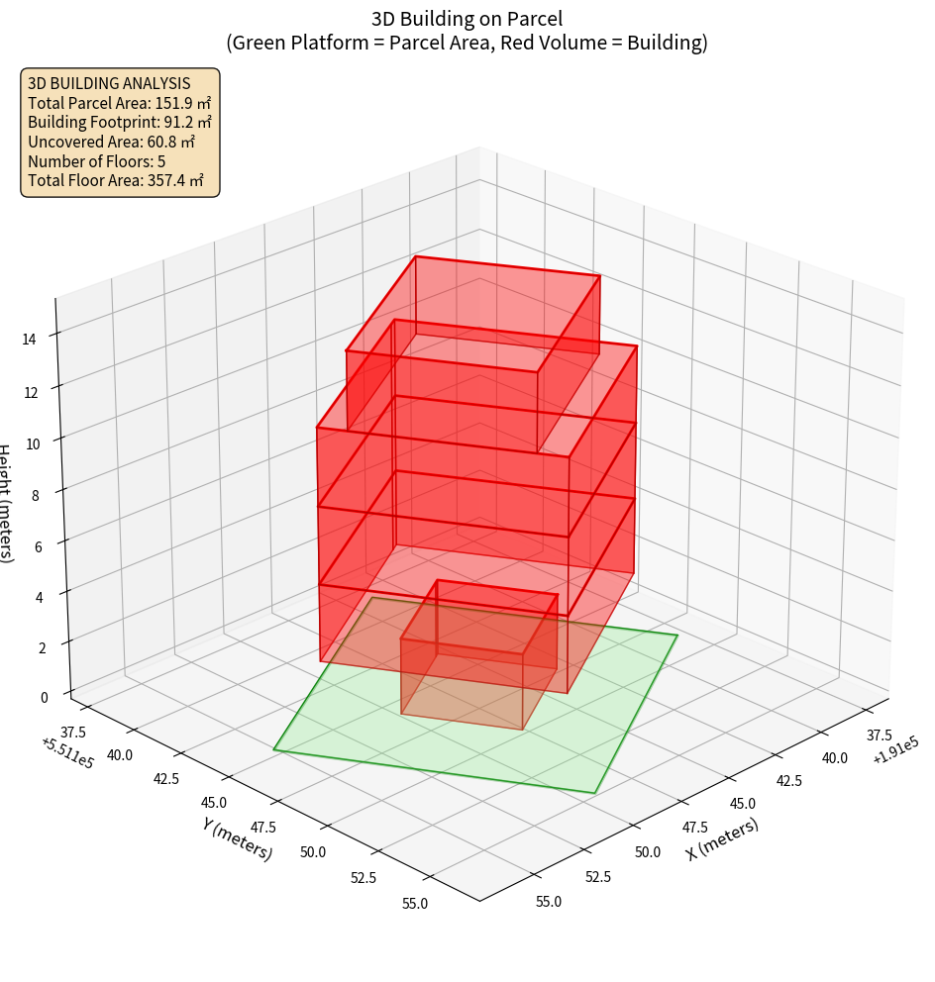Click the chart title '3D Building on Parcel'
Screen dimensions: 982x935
tap(467, 18)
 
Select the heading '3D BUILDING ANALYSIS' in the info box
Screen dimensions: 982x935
tap(109, 83)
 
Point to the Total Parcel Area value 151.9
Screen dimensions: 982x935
tap(173, 103)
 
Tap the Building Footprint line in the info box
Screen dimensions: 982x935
tap(119, 122)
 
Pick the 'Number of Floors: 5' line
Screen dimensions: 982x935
tap(97, 161)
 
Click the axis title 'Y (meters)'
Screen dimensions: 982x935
tap(237, 838)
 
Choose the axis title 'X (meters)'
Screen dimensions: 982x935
tap(722, 839)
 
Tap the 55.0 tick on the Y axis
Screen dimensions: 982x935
tap(415, 903)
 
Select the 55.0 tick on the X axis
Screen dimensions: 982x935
tap(548, 902)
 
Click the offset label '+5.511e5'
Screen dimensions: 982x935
tap(68, 753)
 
